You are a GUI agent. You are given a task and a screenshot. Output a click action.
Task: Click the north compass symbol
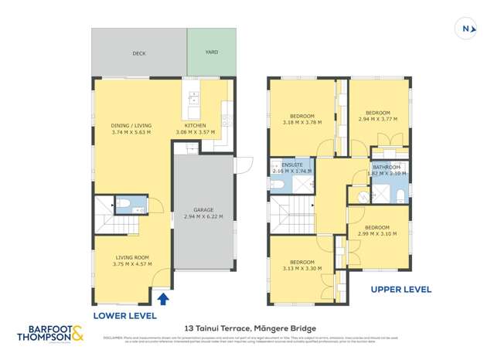point(468,29)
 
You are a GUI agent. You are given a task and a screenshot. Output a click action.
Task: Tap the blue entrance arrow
point(163,299)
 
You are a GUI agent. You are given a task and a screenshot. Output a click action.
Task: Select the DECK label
point(139,53)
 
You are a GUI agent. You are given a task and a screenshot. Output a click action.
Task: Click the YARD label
point(211,53)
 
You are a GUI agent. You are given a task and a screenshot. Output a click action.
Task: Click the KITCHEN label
point(195,125)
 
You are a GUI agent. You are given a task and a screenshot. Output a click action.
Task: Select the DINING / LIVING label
point(131,125)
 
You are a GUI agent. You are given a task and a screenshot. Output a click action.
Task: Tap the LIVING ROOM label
point(132,257)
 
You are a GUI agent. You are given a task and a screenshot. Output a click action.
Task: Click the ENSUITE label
point(292,165)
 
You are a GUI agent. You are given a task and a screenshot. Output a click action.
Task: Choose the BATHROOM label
point(387,167)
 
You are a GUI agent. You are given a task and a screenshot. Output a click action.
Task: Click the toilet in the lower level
point(124,205)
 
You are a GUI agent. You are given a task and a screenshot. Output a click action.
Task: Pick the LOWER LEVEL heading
point(125,316)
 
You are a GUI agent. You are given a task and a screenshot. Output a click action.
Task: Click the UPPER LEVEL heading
point(400,290)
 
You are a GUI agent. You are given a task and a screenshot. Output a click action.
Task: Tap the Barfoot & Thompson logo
point(51,334)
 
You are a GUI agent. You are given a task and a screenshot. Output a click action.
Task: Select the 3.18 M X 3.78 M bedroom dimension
point(302,122)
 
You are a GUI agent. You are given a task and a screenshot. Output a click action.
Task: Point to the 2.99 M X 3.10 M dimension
point(377,233)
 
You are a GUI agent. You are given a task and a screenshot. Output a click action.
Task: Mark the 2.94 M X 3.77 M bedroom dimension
point(378,119)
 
